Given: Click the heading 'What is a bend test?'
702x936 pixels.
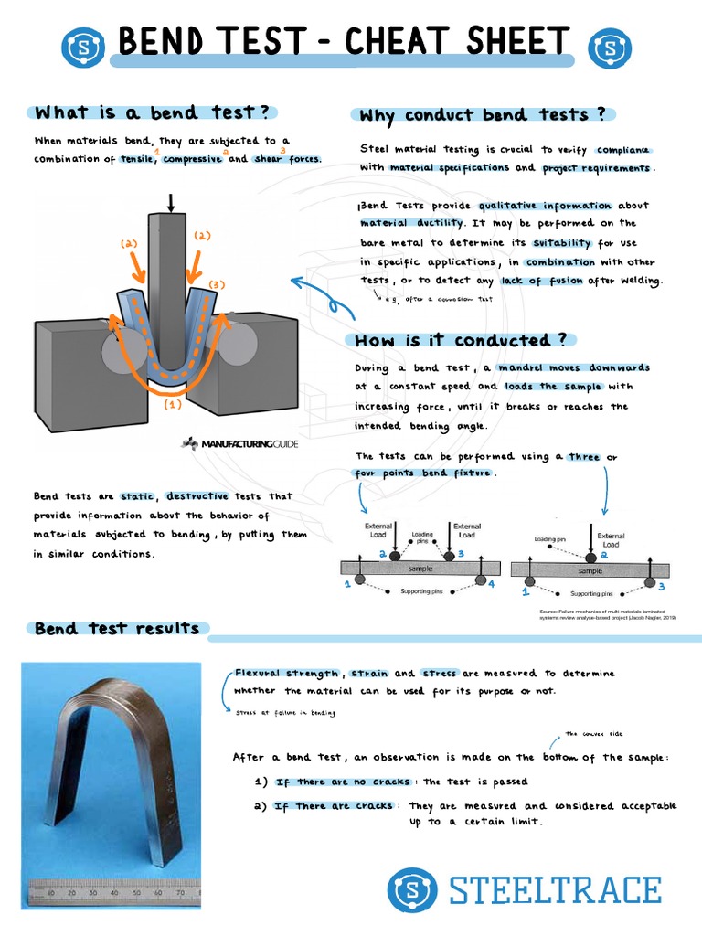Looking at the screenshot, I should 151,112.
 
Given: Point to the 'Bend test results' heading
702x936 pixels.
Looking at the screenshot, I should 116,629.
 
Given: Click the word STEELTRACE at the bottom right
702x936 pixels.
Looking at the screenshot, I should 555,889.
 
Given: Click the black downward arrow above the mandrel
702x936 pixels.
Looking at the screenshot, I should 170,202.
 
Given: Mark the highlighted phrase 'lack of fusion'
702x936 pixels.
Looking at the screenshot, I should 541,281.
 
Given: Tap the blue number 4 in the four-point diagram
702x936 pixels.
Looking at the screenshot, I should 491,583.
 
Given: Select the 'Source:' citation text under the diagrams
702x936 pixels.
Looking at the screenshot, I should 607,614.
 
